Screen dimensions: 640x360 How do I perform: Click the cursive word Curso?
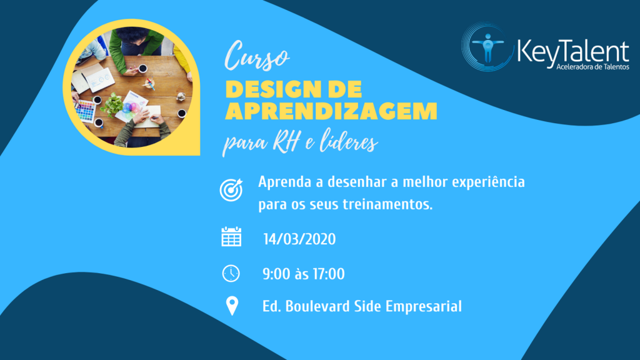[256, 56]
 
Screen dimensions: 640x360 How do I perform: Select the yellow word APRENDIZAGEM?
[331, 111]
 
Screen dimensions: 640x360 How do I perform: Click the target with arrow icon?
[231, 190]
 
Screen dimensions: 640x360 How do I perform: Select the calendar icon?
[231, 237]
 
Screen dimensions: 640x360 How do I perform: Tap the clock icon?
[231, 274]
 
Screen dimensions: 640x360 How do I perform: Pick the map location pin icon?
[232, 306]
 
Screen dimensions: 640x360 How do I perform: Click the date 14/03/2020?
[299, 239]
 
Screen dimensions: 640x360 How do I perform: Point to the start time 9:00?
[277, 274]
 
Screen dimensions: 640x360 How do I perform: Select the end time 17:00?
[329, 274]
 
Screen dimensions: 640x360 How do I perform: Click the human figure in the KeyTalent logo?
[487, 47]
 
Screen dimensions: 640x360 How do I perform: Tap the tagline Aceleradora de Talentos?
[592, 67]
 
